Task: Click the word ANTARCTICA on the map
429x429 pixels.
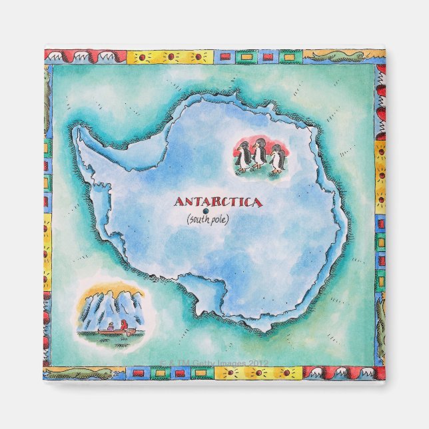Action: tap(218, 202)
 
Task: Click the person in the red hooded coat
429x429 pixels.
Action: tap(124, 325)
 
